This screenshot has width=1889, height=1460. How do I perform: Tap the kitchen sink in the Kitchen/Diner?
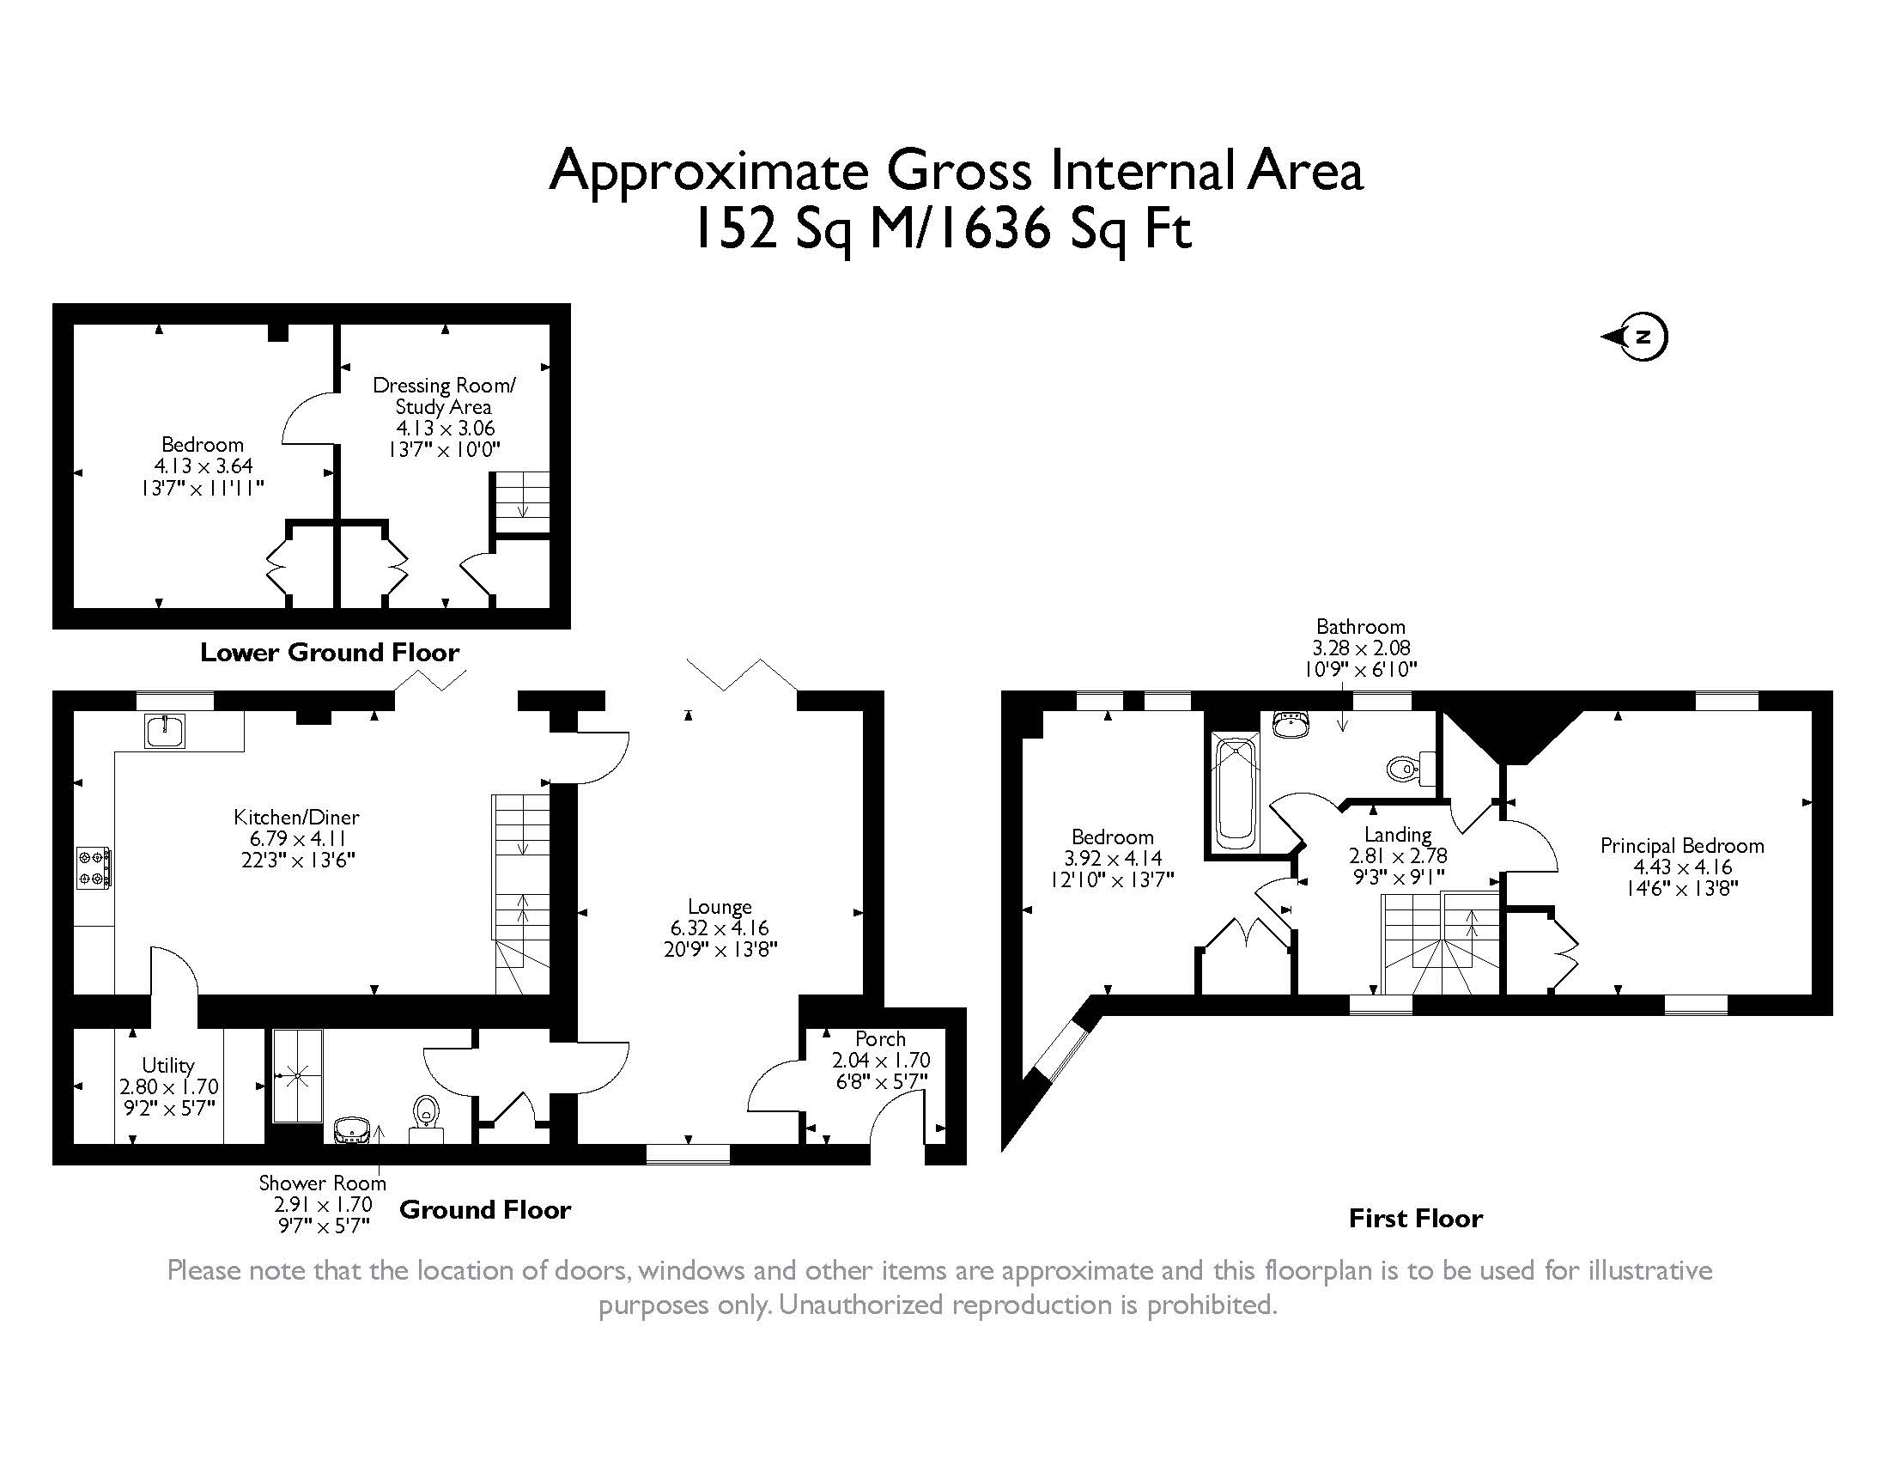(x=164, y=731)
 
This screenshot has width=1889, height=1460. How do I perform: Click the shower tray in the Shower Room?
(x=299, y=1076)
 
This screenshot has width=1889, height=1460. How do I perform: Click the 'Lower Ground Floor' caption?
(x=330, y=652)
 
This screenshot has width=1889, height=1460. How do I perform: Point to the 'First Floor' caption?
(x=1416, y=1219)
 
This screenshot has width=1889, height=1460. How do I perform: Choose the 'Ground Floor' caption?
(x=484, y=1209)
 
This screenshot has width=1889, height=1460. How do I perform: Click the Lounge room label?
(x=720, y=906)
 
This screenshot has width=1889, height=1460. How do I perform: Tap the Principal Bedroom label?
(x=1681, y=845)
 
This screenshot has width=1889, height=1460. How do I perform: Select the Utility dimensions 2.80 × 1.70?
(x=168, y=1086)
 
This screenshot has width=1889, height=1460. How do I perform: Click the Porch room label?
(x=880, y=1039)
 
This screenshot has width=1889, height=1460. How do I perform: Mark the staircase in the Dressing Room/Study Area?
(x=521, y=503)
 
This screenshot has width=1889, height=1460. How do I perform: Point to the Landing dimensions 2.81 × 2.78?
(x=1398, y=856)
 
